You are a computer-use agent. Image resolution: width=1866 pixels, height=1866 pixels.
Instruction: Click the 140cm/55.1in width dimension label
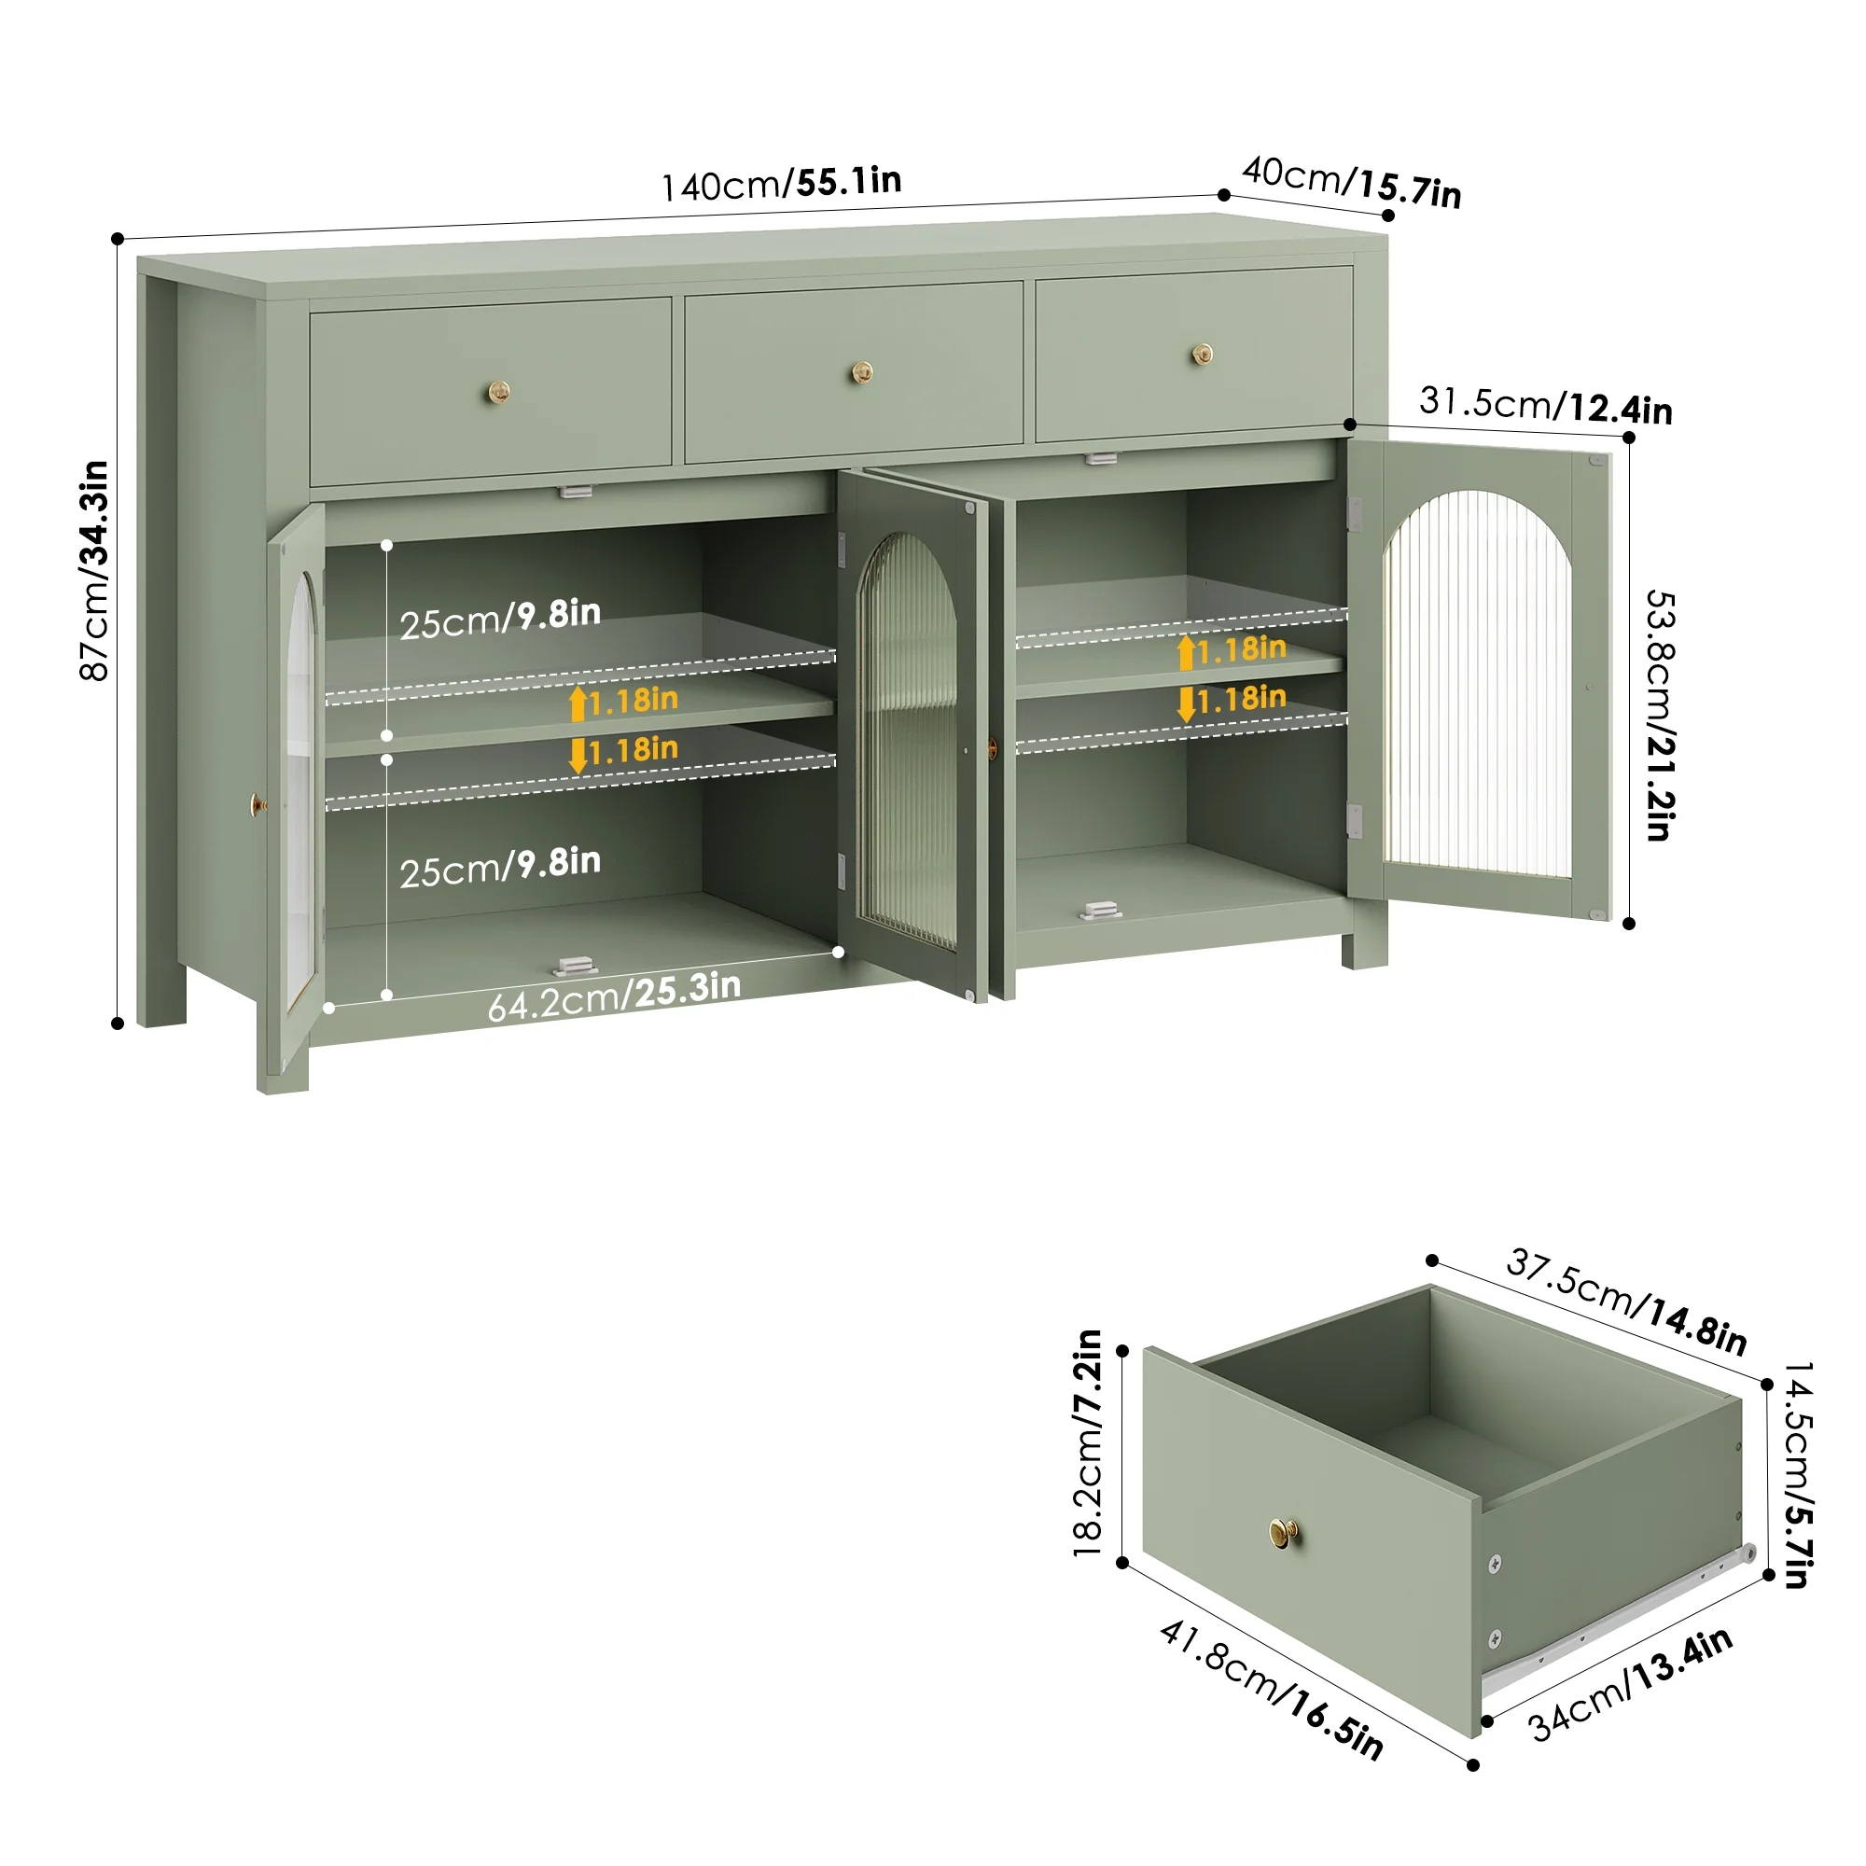coord(781,184)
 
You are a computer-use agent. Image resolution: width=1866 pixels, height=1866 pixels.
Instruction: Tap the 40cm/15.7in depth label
coord(1351,182)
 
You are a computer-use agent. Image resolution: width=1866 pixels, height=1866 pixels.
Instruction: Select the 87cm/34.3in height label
coord(93,571)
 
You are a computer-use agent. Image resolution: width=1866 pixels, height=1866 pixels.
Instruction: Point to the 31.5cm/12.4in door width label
coord(1545,406)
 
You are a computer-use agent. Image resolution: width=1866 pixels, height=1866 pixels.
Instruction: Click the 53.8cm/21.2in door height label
coord(1661,715)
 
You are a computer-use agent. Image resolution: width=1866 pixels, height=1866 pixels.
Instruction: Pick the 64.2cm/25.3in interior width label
coord(614,996)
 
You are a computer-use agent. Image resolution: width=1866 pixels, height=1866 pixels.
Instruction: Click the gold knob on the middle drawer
coord(861,372)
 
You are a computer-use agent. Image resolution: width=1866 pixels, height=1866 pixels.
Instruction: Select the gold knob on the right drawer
coord(1202,355)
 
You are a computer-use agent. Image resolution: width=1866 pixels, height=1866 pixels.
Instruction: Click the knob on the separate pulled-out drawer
coord(1284,1531)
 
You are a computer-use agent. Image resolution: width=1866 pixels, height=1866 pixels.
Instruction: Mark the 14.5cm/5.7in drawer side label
coord(1798,1474)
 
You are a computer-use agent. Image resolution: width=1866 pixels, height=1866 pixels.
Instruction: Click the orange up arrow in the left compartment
coord(578,704)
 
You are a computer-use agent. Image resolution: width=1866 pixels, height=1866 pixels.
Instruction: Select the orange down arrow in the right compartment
coord(1186,704)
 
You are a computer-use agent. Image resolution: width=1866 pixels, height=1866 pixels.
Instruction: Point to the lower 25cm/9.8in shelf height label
coord(500,867)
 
